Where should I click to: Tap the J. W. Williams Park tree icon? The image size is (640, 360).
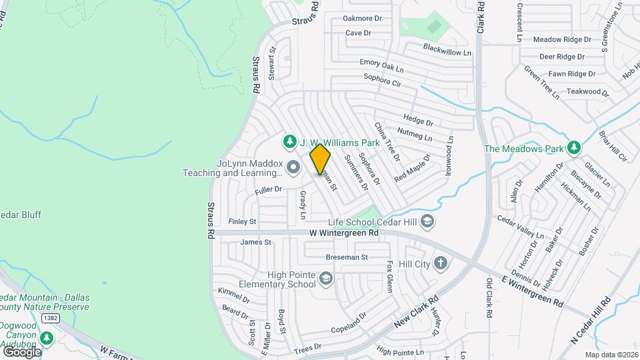[x=289, y=141]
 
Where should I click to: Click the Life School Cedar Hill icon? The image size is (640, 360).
[x=427, y=221]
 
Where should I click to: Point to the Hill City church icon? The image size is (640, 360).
[x=440, y=263]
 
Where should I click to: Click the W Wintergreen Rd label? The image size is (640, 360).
[x=344, y=233]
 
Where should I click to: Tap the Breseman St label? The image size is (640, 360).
[x=347, y=257]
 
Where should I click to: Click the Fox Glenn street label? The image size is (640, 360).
[x=390, y=277]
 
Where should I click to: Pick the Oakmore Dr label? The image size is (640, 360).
[x=362, y=19]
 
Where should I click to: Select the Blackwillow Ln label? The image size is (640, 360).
[x=447, y=49]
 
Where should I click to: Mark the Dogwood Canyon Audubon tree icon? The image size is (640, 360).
[x=46, y=337]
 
